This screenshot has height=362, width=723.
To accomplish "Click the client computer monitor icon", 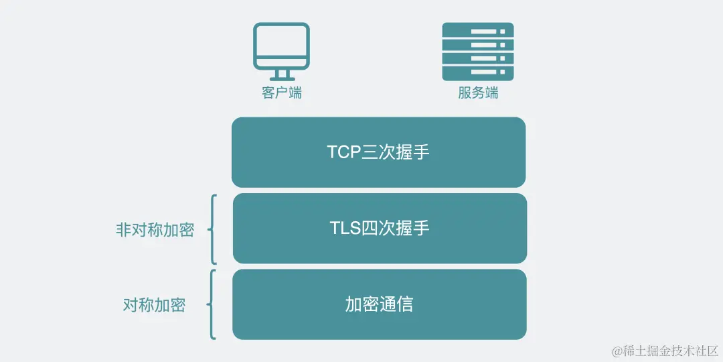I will pyautogui.click(x=281, y=51).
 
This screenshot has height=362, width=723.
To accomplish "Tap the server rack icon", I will pyautogui.click(x=478, y=52).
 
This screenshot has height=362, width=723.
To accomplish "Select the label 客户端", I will pyautogui.click(x=281, y=93).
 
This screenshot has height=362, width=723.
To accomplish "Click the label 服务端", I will pyautogui.click(x=478, y=93).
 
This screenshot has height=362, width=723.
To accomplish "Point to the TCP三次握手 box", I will pyautogui.click(x=378, y=152).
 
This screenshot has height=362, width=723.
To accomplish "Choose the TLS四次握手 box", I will pyautogui.click(x=379, y=228).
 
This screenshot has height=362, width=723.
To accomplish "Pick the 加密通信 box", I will pyautogui.click(x=379, y=304).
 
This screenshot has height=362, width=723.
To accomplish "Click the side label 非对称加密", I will pyautogui.click(x=155, y=230).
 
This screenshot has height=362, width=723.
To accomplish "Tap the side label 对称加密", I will pyautogui.click(x=154, y=305).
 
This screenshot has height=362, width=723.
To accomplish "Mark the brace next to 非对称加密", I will pyautogui.click(x=212, y=229).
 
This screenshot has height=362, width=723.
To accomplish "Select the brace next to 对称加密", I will pyautogui.click(x=212, y=304).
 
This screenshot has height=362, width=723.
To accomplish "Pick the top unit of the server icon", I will pyautogui.click(x=478, y=31).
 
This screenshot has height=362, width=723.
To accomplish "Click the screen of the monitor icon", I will pyautogui.click(x=281, y=44).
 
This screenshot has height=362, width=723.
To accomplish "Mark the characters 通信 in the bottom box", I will pyautogui.click(x=396, y=304).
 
